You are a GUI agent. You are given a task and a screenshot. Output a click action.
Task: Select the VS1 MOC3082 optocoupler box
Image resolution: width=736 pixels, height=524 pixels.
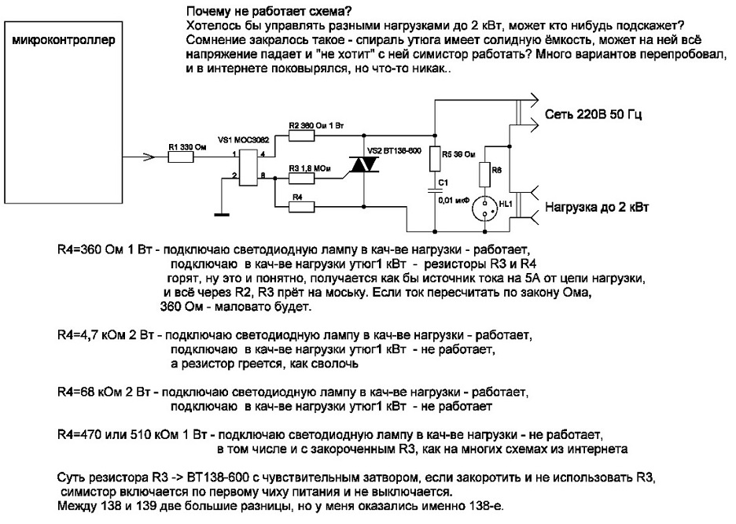pos(248,167)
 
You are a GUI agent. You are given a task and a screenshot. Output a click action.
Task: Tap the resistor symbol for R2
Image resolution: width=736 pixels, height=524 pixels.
pos(302,136)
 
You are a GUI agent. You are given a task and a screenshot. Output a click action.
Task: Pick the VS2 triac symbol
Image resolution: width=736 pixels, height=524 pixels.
pos(363,164)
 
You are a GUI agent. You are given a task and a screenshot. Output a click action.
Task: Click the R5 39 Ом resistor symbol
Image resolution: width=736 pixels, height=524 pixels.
pos(433,161)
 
